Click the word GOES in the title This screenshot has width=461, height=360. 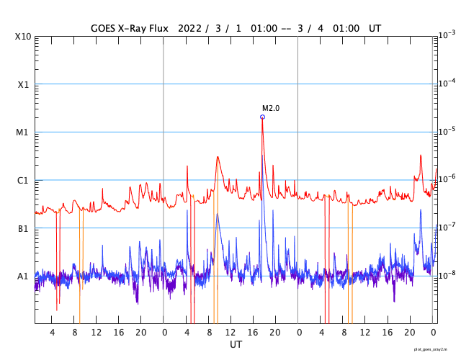103,28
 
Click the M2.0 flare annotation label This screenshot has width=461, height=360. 270,108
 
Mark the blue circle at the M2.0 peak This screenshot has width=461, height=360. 262,117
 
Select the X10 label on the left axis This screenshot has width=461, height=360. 22,37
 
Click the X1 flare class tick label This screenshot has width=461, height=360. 22,84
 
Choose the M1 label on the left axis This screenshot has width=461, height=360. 22,132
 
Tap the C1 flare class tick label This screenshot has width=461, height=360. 22,180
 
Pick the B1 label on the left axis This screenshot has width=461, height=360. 22,228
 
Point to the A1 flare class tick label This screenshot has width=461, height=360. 22,276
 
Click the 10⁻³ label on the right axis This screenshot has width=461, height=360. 447,35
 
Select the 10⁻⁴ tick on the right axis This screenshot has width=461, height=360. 447,83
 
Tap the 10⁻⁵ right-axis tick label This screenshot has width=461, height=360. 447,131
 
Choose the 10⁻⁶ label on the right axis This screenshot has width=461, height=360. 447,179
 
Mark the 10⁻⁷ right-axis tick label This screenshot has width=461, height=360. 447,227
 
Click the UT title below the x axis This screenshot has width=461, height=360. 236,345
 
